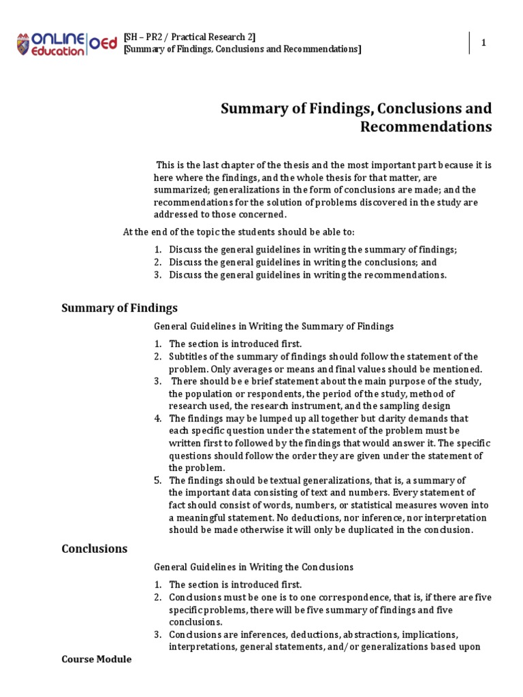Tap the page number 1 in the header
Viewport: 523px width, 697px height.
tap(484, 43)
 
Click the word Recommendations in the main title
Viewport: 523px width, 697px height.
tap(426, 127)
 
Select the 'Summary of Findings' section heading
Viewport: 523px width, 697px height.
tap(119, 308)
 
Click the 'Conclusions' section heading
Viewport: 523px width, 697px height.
tap(95, 548)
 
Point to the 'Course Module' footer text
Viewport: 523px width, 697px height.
tap(97, 659)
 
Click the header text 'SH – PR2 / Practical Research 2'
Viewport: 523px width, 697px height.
tap(190, 37)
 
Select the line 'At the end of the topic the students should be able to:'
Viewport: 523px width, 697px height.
tap(238, 231)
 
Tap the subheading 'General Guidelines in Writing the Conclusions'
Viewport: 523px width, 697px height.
tap(254, 566)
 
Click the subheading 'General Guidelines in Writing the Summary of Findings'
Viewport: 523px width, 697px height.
tap(274, 326)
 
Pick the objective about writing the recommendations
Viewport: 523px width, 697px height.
tap(308, 274)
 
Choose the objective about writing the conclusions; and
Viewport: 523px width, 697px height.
tap(303, 262)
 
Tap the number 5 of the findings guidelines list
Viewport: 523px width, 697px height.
tap(157, 480)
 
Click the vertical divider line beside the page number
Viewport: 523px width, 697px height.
tap(470, 43)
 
